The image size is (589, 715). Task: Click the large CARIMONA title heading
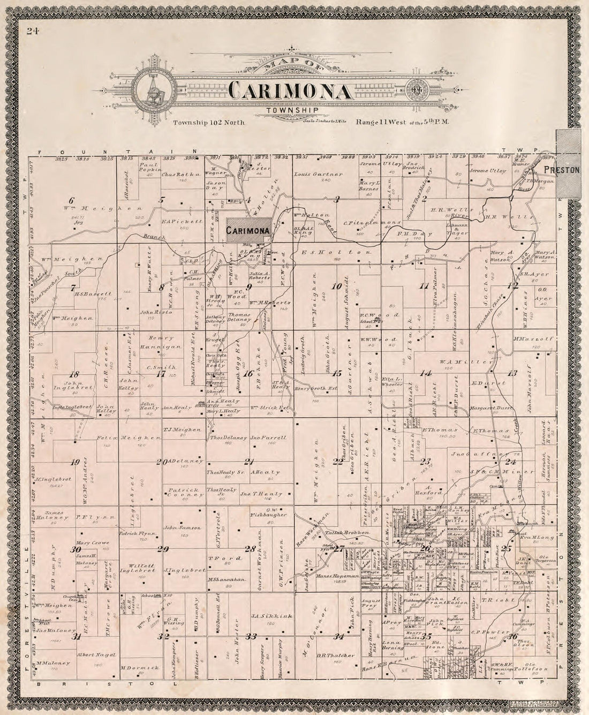[291, 91]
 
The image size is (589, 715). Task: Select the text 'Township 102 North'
[209, 123]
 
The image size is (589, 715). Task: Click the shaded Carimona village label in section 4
[247, 230]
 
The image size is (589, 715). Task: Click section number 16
[248, 374]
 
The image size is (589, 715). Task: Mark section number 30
[76, 550]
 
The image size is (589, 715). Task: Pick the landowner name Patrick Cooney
[184, 493]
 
